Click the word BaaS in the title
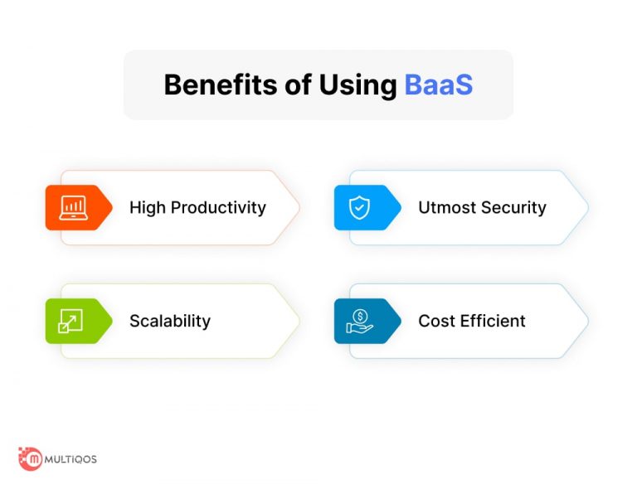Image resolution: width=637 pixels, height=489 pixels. (x=438, y=85)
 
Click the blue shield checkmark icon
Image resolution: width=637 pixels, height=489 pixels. (x=359, y=208)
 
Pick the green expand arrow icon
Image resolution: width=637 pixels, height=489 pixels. (x=71, y=322)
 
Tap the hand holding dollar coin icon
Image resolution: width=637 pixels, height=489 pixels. (x=359, y=322)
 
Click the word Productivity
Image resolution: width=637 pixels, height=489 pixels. (x=218, y=208)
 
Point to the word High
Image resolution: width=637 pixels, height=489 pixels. (x=147, y=208)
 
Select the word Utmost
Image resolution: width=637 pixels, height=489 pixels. (x=447, y=208)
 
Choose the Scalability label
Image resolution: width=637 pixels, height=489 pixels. (x=170, y=322)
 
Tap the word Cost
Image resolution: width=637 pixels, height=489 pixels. (x=436, y=322)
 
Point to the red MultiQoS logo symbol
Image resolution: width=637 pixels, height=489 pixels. (x=31, y=458)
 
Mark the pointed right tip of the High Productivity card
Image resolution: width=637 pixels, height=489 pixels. (x=299, y=208)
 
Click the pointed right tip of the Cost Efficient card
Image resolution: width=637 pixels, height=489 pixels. (x=587, y=322)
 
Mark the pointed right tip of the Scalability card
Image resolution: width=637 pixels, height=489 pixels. (x=299, y=322)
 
